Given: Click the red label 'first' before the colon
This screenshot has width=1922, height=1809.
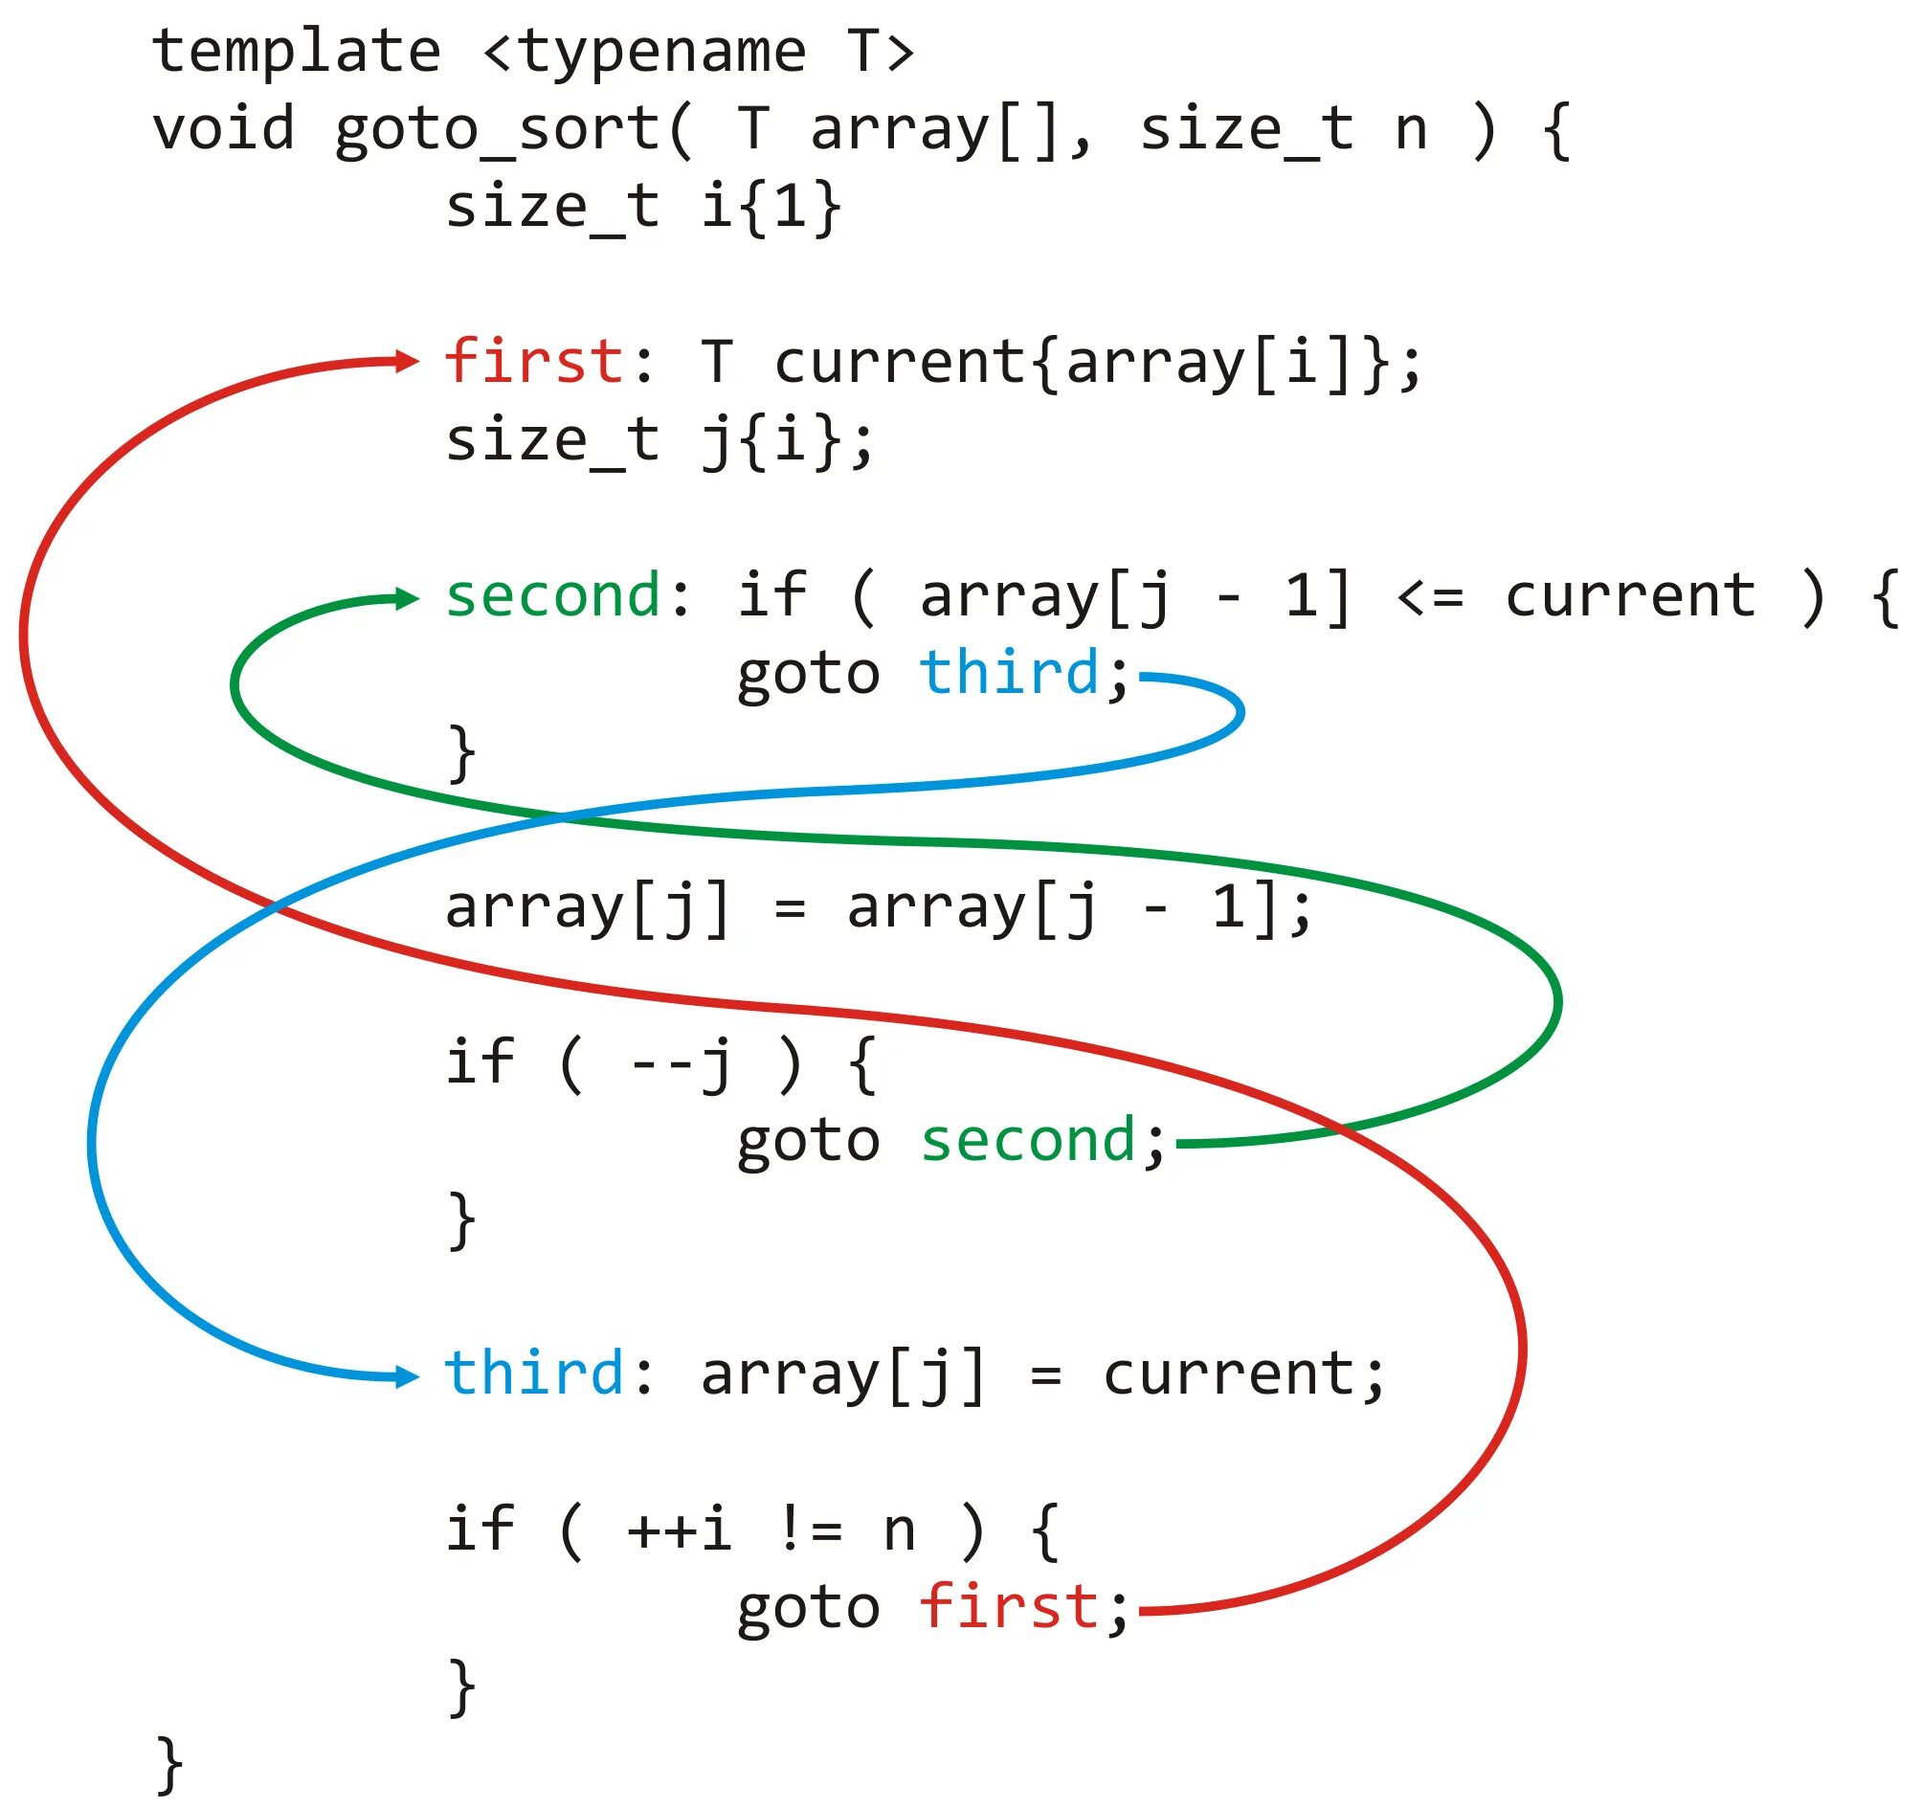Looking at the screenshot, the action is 533,363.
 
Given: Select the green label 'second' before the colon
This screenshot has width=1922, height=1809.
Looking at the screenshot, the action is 552,595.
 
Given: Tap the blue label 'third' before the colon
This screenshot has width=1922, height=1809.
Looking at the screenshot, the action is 533,1373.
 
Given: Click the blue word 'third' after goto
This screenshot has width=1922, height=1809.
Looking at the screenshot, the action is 1008,673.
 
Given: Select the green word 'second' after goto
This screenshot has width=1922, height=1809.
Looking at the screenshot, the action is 1027,1141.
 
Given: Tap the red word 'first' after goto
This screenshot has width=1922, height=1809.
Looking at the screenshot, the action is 1008,1608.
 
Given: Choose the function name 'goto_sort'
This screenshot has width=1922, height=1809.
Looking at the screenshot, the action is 498,129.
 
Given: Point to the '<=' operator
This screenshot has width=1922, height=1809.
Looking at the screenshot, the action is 1431,597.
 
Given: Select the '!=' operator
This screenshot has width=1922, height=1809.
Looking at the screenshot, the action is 810,1531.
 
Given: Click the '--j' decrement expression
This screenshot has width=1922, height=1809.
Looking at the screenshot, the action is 681,1064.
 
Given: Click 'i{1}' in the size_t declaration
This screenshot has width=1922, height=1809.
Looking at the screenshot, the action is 771,207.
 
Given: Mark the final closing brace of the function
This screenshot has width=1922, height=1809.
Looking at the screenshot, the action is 169,1765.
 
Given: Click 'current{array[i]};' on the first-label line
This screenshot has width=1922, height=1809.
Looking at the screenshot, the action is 1098,363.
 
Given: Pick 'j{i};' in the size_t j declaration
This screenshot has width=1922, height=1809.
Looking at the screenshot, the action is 787,441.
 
